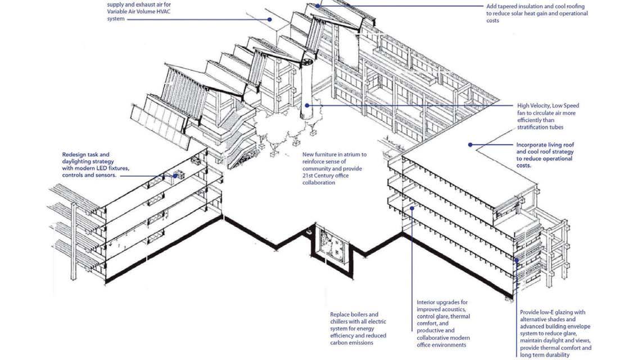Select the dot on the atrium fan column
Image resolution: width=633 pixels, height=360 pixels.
coord(308,105)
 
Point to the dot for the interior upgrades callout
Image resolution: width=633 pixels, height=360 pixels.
coord(412,208)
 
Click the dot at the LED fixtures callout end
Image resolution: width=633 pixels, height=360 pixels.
coord(175,175)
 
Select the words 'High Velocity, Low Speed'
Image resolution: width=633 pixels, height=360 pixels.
coord(548,105)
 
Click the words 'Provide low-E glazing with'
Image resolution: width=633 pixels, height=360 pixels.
coord(553,312)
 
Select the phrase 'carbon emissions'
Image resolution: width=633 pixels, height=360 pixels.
coord(353,343)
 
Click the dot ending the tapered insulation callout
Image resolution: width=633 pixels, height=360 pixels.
coord(318,5)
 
